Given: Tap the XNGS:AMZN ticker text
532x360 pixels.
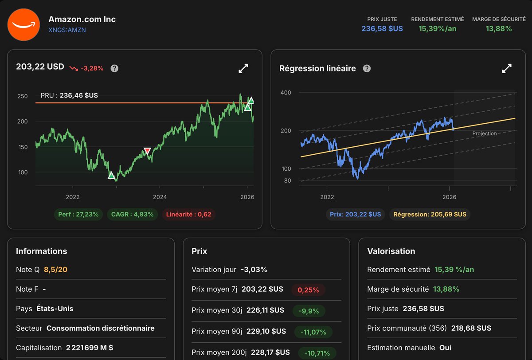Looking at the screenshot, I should pyautogui.click(x=67, y=30).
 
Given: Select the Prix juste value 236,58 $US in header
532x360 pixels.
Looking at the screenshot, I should pyautogui.click(x=382, y=29).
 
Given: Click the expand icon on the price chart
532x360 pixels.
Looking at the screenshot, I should pyautogui.click(x=243, y=68).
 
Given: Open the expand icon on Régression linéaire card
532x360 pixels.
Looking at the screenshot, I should pyautogui.click(x=507, y=68).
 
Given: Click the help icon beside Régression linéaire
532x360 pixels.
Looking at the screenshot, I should pyautogui.click(x=367, y=68).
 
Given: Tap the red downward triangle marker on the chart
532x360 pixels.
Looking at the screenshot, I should pyautogui.click(x=147, y=151).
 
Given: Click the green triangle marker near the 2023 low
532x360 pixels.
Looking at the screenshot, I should pyautogui.click(x=111, y=176).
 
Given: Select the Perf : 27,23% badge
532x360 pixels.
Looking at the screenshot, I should pyautogui.click(x=78, y=215).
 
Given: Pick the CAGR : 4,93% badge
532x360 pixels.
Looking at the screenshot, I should pyautogui.click(x=132, y=215).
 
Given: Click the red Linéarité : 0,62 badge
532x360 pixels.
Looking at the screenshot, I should pyautogui.click(x=188, y=215).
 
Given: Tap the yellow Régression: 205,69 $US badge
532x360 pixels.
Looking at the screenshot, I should pyautogui.click(x=430, y=214).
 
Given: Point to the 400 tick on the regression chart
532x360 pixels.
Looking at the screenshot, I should pyautogui.click(x=286, y=93).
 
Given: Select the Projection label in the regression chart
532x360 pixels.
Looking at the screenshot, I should pyautogui.click(x=485, y=133).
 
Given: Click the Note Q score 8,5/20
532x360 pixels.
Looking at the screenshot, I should pyautogui.click(x=55, y=270).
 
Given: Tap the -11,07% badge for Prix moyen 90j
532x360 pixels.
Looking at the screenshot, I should pyautogui.click(x=313, y=332).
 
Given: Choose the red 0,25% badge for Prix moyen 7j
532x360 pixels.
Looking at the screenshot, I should pyautogui.click(x=309, y=290).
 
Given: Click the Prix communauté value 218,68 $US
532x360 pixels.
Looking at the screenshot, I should pyautogui.click(x=471, y=328).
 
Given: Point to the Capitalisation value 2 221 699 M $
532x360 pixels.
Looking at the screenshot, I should pyautogui.click(x=90, y=348).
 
